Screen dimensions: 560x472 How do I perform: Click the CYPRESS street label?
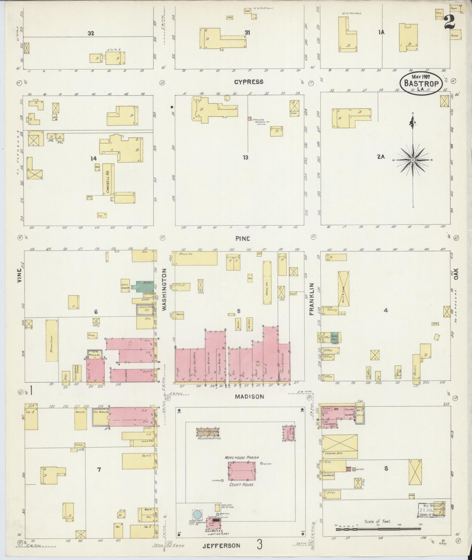tap(248, 82)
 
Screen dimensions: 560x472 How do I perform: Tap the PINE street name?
tap(243, 239)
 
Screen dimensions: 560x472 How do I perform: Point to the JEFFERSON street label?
tap(222, 546)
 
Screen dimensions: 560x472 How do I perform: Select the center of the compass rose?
tap(413, 160)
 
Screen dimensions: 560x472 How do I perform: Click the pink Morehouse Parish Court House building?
tap(242, 472)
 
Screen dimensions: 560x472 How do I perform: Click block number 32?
tap(91, 33)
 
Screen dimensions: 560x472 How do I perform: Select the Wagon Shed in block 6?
tap(52, 341)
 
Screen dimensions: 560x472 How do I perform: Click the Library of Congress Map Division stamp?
tap(430, 510)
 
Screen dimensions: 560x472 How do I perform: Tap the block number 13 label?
tap(245, 158)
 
